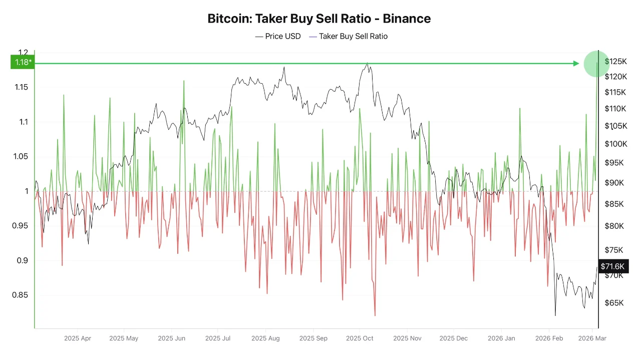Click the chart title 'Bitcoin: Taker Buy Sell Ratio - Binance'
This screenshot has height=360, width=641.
coord(319,19)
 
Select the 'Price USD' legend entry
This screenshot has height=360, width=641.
coord(278,36)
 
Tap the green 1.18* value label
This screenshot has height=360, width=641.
coord(22,62)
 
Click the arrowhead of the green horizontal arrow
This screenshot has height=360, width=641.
coord(576,63)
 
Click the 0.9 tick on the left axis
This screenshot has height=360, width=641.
coord(22,260)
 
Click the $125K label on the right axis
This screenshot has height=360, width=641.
coord(615,62)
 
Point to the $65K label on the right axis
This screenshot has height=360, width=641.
coord(614,303)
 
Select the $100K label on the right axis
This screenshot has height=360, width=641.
coord(615,144)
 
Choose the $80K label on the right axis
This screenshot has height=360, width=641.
coord(614,226)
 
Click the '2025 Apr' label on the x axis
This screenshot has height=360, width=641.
coord(78,338)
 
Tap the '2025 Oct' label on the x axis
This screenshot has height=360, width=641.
coord(360,338)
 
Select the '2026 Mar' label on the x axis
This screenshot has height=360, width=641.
coord(592,338)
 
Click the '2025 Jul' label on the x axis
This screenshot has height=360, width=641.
coord(218,338)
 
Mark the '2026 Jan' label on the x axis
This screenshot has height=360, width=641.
coord(502,338)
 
